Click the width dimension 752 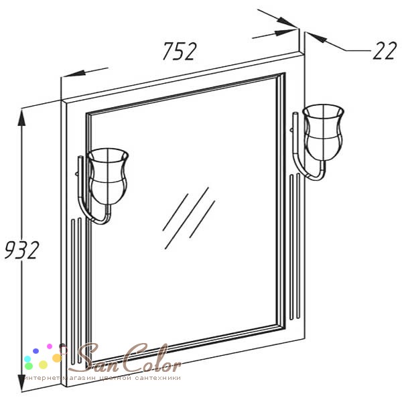(180, 52)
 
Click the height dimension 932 (22, 250)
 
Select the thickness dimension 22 (385, 50)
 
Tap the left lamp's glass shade (108, 176)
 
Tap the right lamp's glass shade (323, 132)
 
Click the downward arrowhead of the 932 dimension (22, 383)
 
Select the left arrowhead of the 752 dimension (74, 74)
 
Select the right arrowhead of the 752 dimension (285, 33)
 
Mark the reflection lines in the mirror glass (189, 218)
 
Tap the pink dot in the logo (50, 346)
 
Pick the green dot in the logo (29, 366)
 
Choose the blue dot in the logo (36, 351)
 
